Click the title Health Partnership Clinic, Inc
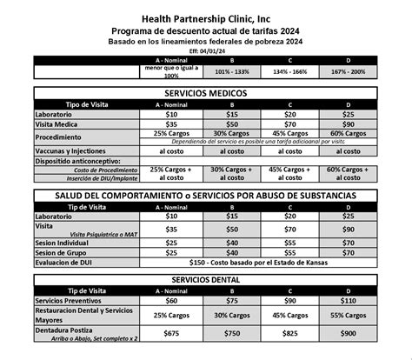[206, 16]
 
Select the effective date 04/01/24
[206, 50]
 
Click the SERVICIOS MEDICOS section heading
[206, 92]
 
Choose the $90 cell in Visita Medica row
[348, 125]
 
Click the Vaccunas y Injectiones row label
[74, 150]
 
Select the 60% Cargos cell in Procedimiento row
[348, 134]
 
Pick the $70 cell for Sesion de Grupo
[348, 252]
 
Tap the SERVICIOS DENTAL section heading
[206, 278]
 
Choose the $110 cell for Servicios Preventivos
[348, 300]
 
